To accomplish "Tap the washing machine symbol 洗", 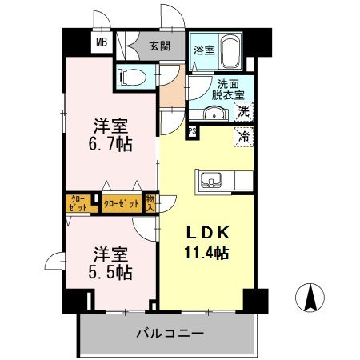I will tap(244, 111).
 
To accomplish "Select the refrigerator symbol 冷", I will tap(244, 136).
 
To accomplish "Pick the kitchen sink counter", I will tap(214, 180).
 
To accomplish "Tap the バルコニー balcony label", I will tap(170, 332).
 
